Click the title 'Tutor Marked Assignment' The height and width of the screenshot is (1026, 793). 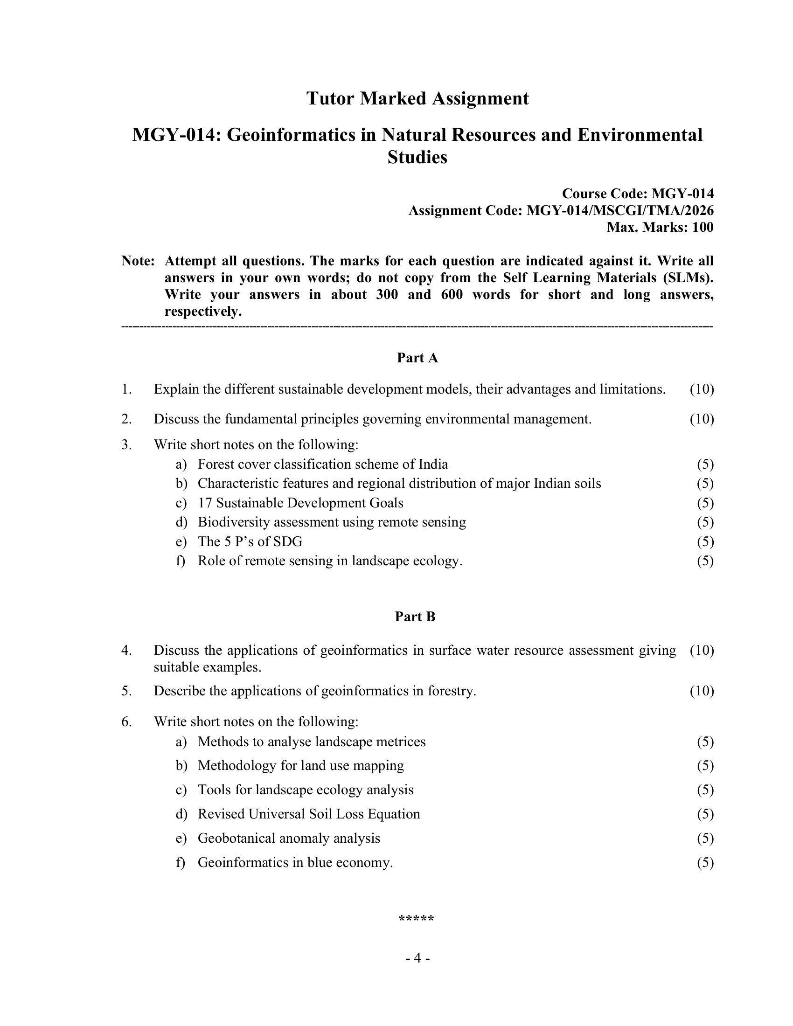[x=417, y=99]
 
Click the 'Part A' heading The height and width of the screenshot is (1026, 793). [x=417, y=358]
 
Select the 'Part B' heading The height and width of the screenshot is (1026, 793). [x=415, y=617]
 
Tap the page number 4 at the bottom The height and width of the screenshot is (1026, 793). [x=417, y=958]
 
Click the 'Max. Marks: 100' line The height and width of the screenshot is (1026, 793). [x=660, y=228]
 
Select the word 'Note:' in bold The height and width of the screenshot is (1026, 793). [x=138, y=261]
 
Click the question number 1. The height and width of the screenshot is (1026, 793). [x=126, y=389]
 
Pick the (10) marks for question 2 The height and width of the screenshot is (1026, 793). [x=702, y=419]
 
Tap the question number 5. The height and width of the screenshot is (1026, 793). [x=126, y=691]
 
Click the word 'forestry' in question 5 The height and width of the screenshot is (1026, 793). [x=452, y=691]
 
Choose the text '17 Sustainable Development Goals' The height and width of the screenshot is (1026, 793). [x=300, y=503]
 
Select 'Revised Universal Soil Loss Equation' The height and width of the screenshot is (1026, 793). [x=309, y=814]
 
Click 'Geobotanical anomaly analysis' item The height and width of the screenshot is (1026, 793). [x=288, y=838]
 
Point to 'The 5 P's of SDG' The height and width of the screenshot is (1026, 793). [x=250, y=541]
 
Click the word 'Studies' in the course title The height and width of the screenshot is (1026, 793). [x=417, y=157]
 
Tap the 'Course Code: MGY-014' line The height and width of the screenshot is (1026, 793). [x=638, y=194]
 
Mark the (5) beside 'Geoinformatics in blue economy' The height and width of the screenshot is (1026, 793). [x=705, y=862]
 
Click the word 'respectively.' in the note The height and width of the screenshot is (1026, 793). [x=203, y=312]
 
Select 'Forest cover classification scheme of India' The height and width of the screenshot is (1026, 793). [x=323, y=464]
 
